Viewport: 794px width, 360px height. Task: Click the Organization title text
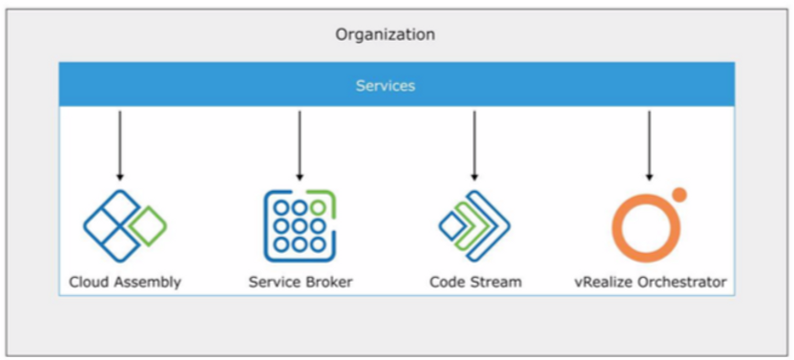(x=385, y=34)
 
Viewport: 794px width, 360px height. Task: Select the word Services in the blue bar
(x=385, y=86)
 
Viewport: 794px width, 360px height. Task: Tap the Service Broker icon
(x=299, y=225)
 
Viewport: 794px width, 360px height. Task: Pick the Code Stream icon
(x=473, y=226)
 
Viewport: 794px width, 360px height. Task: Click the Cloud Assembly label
(x=124, y=282)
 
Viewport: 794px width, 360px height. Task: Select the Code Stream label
(x=475, y=282)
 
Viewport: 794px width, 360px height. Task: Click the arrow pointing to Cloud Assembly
(x=120, y=144)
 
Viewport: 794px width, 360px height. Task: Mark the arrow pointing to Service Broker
(x=299, y=144)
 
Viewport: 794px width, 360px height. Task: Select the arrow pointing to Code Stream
(x=473, y=144)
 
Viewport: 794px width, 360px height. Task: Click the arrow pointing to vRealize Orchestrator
(x=649, y=144)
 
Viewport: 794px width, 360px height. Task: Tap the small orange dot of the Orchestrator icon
(x=679, y=195)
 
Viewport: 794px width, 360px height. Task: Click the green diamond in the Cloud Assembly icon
(x=148, y=225)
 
